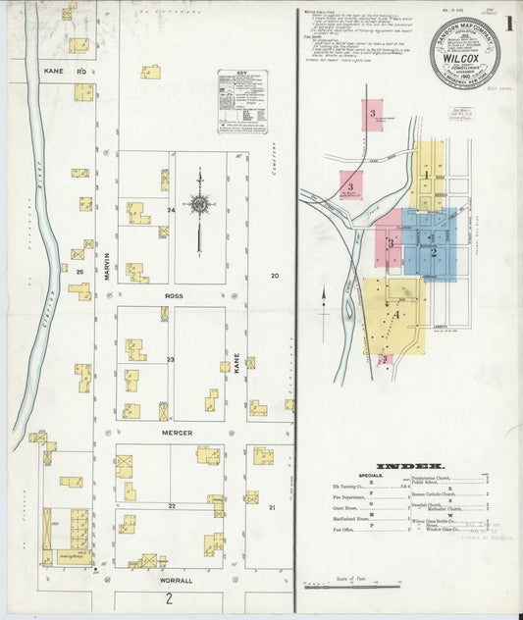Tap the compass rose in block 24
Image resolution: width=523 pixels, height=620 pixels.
click(x=199, y=205)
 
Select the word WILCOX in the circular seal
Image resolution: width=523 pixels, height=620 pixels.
click(x=464, y=57)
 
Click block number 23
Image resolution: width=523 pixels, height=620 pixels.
click(x=170, y=360)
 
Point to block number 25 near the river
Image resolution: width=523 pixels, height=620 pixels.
click(x=78, y=270)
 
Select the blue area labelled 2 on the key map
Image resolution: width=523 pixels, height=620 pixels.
click(x=433, y=251)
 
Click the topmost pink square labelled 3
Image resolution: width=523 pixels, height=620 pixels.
click(x=372, y=114)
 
